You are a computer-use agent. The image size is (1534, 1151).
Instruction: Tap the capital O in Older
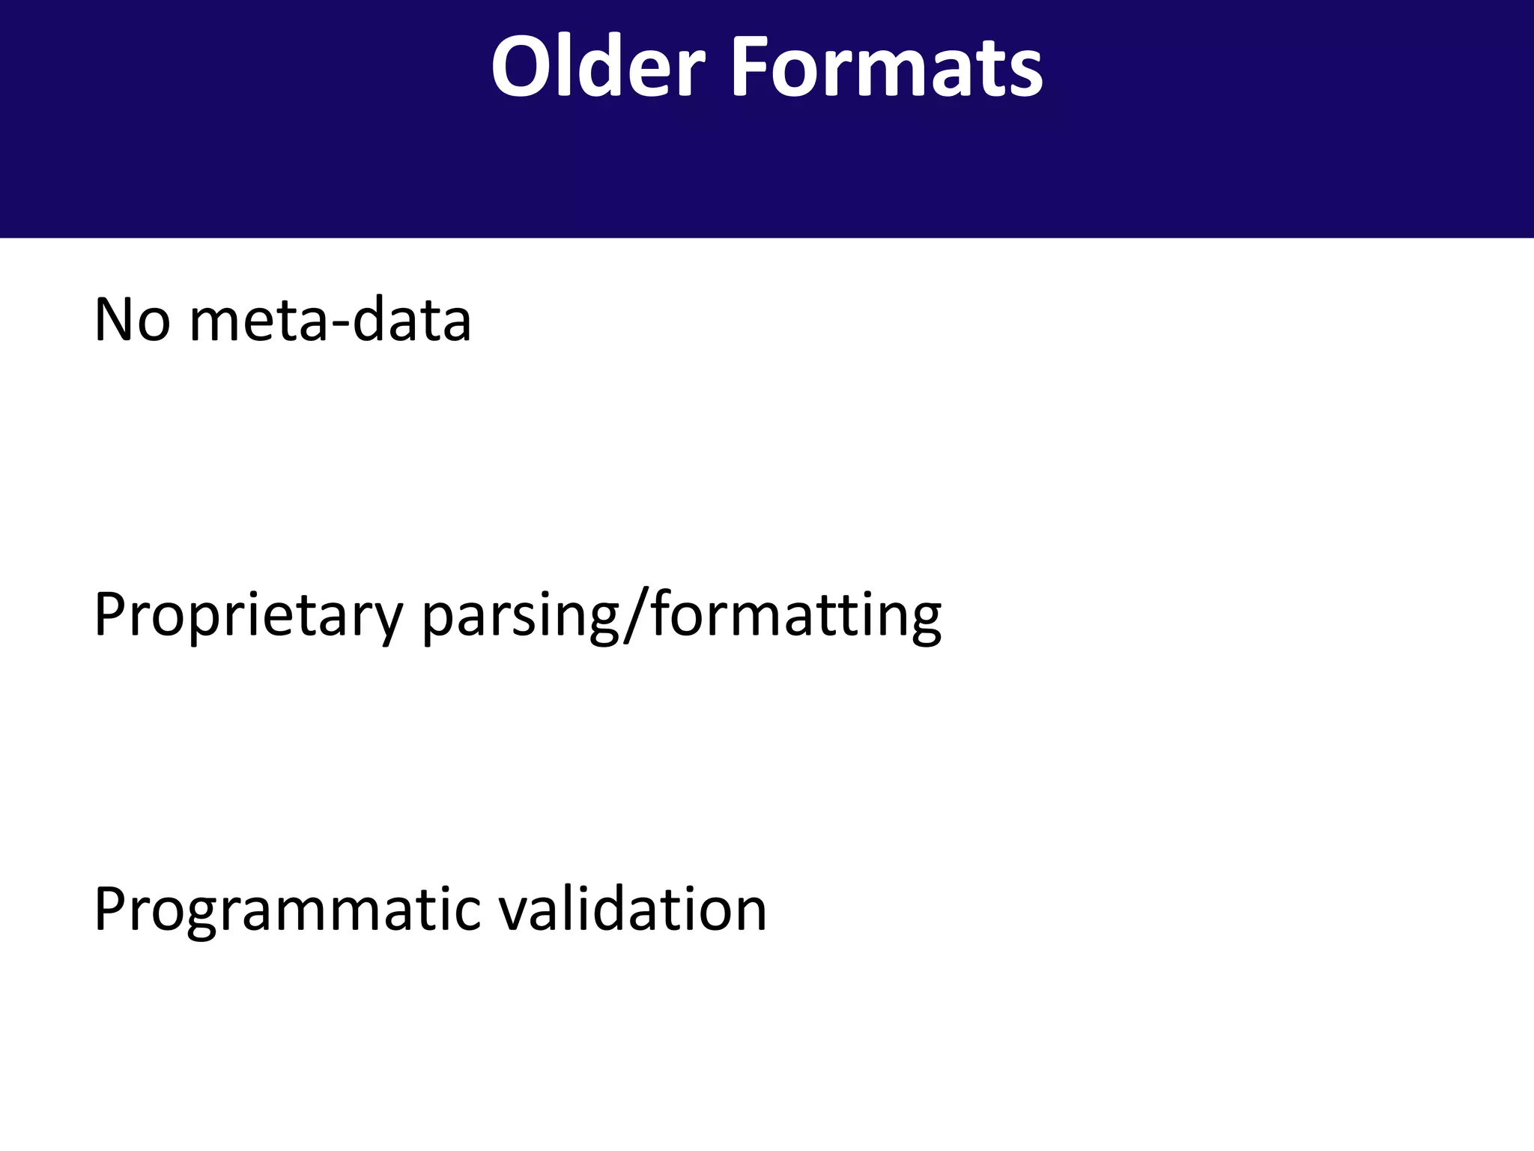(521, 67)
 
